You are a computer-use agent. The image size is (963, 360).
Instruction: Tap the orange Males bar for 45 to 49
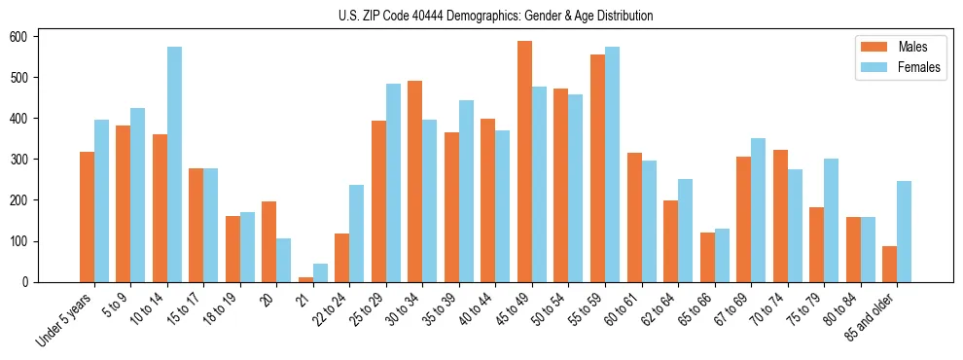click(x=524, y=162)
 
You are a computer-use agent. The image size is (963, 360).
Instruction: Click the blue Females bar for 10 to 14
click(x=174, y=164)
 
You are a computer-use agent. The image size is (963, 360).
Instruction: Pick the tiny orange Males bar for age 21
click(x=305, y=279)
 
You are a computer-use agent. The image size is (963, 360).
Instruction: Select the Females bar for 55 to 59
click(x=612, y=164)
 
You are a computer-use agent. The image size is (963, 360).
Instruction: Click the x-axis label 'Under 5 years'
click(x=65, y=318)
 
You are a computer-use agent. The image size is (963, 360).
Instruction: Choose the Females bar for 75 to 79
click(x=831, y=221)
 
